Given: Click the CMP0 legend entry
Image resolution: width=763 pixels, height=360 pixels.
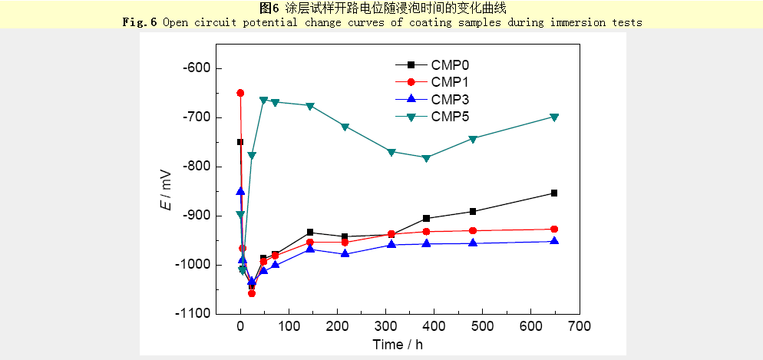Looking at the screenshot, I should tap(449, 65).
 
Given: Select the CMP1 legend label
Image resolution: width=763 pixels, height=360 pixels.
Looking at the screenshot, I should tap(449, 82).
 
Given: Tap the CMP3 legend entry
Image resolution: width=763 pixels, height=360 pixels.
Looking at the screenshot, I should tap(449, 99).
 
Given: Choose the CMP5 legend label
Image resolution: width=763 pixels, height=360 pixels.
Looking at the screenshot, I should tap(449, 116).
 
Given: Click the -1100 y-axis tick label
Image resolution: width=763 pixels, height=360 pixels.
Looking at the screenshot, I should tap(192, 314).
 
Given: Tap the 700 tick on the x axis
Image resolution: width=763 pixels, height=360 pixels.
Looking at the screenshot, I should tap(579, 326).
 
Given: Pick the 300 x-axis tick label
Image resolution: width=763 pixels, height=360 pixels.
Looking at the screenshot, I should tap(385, 326).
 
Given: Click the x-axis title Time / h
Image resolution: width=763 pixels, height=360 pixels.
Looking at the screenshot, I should tap(397, 344).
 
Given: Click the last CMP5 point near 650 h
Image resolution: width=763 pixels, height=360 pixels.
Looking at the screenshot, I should tap(554, 117).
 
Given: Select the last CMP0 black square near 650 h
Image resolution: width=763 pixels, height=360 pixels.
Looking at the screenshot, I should tap(554, 193).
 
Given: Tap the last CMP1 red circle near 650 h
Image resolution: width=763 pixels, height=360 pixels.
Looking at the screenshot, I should tap(554, 229).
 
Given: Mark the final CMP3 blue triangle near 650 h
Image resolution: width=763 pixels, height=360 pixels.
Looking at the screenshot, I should tap(554, 241).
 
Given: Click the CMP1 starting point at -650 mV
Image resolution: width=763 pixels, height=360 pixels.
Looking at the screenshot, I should tap(240, 93).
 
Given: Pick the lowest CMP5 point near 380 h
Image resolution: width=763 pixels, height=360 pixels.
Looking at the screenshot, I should tap(426, 158).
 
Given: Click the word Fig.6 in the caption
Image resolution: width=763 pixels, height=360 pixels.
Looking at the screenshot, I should tap(140, 22).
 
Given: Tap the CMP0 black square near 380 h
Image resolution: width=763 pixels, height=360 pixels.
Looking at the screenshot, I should tap(426, 219).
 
